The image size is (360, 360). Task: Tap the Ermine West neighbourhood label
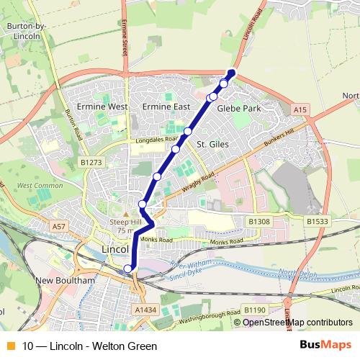(x=107, y=107)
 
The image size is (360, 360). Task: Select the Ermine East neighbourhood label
(x=166, y=107)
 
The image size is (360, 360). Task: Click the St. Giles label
(x=212, y=145)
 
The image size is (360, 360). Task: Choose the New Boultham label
(x=64, y=279)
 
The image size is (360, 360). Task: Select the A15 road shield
(x=300, y=109)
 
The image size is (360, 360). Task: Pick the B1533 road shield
(x=316, y=221)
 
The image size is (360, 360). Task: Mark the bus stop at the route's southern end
(x=128, y=269)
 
